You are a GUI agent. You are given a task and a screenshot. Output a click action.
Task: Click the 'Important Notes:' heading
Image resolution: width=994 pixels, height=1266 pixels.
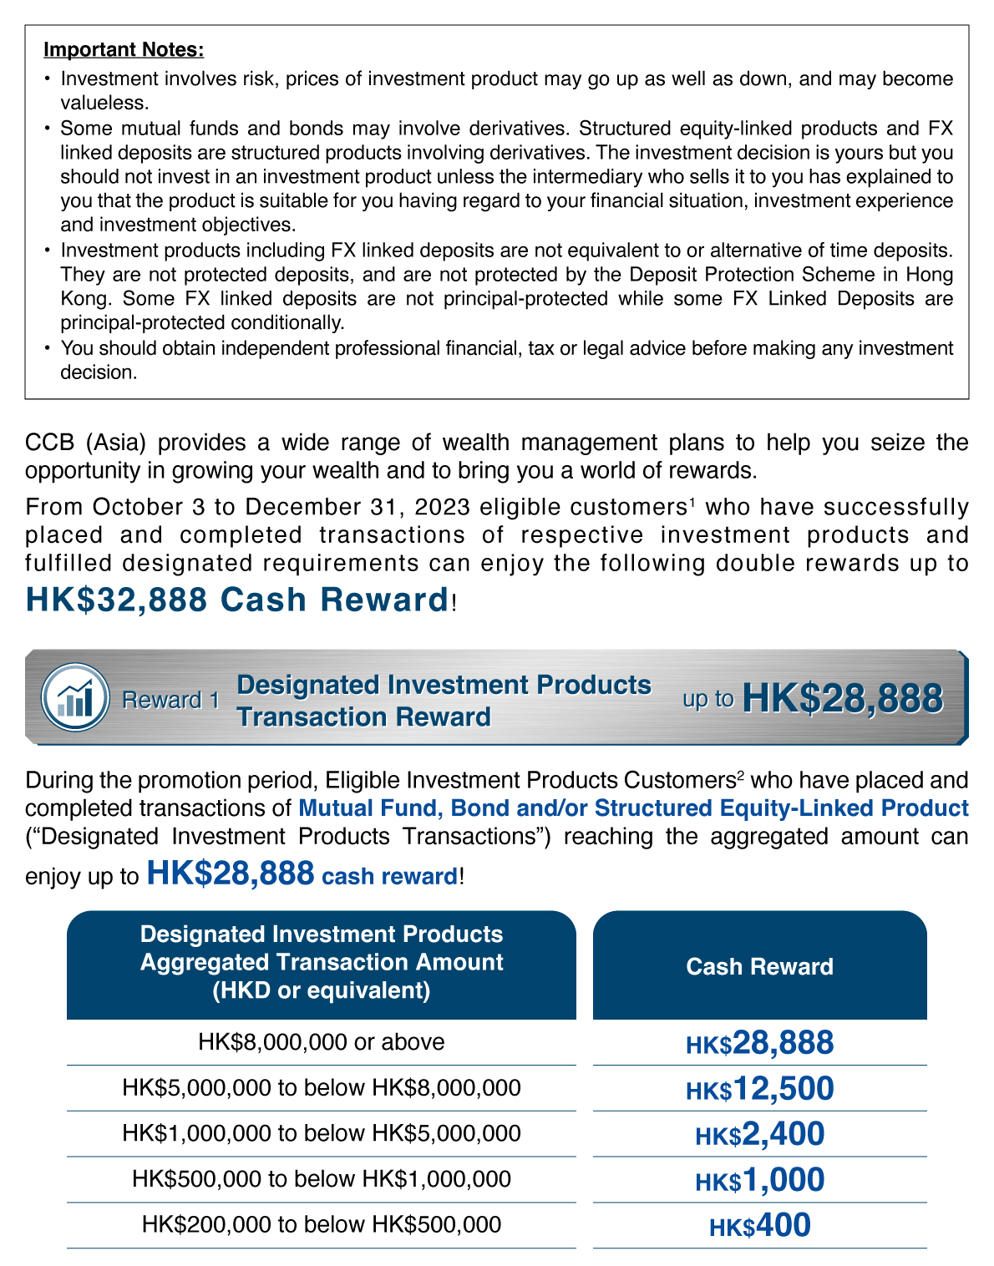[x=124, y=49]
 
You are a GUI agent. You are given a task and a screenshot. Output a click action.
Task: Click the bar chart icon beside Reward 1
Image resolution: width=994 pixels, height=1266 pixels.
[x=75, y=697]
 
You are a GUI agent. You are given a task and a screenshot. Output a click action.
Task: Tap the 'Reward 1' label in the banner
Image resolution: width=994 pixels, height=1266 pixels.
[x=170, y=700]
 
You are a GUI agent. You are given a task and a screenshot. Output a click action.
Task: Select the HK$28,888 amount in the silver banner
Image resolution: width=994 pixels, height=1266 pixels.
[x=842, y=698]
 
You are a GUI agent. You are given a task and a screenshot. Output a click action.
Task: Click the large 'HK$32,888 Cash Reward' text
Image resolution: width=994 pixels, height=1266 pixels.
[x=238, y=600]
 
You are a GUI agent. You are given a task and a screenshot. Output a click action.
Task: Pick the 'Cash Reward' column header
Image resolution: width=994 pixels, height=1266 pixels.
[x=759, y=966]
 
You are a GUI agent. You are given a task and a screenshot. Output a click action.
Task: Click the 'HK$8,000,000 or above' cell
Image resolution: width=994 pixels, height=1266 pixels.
[x=321, y=1042]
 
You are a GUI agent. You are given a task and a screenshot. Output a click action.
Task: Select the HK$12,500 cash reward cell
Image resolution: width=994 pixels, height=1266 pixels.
[x=759, y=1088]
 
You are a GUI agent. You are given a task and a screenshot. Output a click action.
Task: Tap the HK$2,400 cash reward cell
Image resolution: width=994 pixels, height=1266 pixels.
[x=759, y=1134]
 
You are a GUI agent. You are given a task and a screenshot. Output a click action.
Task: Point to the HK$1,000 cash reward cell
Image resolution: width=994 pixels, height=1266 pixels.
[x=759, y=1180]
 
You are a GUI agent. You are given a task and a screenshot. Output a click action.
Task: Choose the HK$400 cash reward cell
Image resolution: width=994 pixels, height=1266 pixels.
[x=759, y=1225]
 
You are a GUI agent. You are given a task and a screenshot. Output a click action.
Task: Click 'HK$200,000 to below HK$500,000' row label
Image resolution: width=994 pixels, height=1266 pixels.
[x=321, y=1224]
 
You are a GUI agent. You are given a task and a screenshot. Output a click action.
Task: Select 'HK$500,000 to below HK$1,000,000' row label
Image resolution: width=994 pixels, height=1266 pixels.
[x=321, y=1179]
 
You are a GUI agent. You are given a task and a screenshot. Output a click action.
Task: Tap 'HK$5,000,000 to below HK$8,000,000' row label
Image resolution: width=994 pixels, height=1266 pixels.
[x=321, y=1087]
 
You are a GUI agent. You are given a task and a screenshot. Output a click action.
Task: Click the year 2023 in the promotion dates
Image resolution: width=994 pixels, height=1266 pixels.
[x=443, y=507]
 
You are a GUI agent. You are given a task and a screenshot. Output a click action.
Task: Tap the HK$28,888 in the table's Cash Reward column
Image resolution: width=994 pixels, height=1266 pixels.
[x=759, y=1043]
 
